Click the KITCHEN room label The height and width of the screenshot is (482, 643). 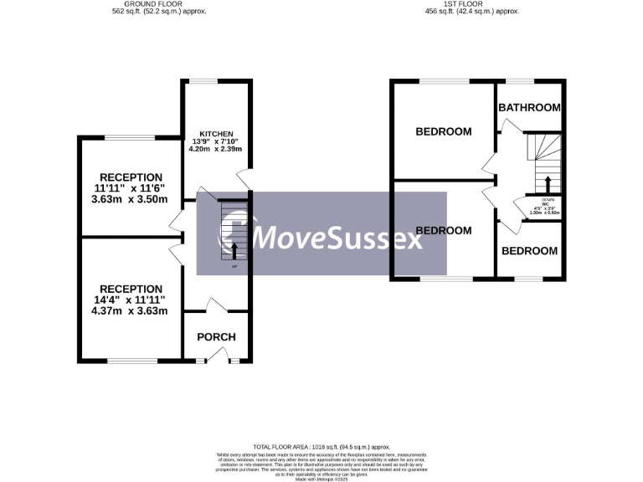click(216, 133)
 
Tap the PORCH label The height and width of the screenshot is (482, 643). click(216, 337)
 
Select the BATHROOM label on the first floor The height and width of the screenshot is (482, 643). click(529, 107)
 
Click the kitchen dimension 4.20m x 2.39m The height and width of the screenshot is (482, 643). click(215, 149)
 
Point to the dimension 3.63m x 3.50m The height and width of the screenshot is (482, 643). click(131, 199)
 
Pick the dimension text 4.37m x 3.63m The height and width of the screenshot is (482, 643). click(131, 311)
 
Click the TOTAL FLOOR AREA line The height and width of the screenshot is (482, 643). click(322, 449)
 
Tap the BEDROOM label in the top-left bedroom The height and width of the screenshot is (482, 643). click(444, 131)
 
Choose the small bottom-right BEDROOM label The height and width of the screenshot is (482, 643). click(529, 251)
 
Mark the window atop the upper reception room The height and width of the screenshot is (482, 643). click(129, 136)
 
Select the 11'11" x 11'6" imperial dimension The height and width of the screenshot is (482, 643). click(131, 188)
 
